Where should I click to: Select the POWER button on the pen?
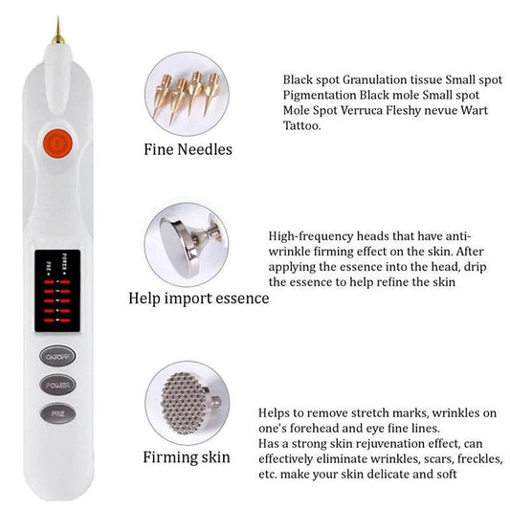coord(55,385)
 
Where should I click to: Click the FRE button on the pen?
coord(55,414)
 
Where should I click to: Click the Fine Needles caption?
coord(187,150)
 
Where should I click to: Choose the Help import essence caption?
coord(199,298)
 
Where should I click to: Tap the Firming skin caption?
coord(187,456)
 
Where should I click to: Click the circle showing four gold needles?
coord(186,93)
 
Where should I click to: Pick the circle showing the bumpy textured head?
coord(186,403)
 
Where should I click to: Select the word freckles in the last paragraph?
coord(465,458)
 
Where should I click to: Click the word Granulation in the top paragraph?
coord(383,80)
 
